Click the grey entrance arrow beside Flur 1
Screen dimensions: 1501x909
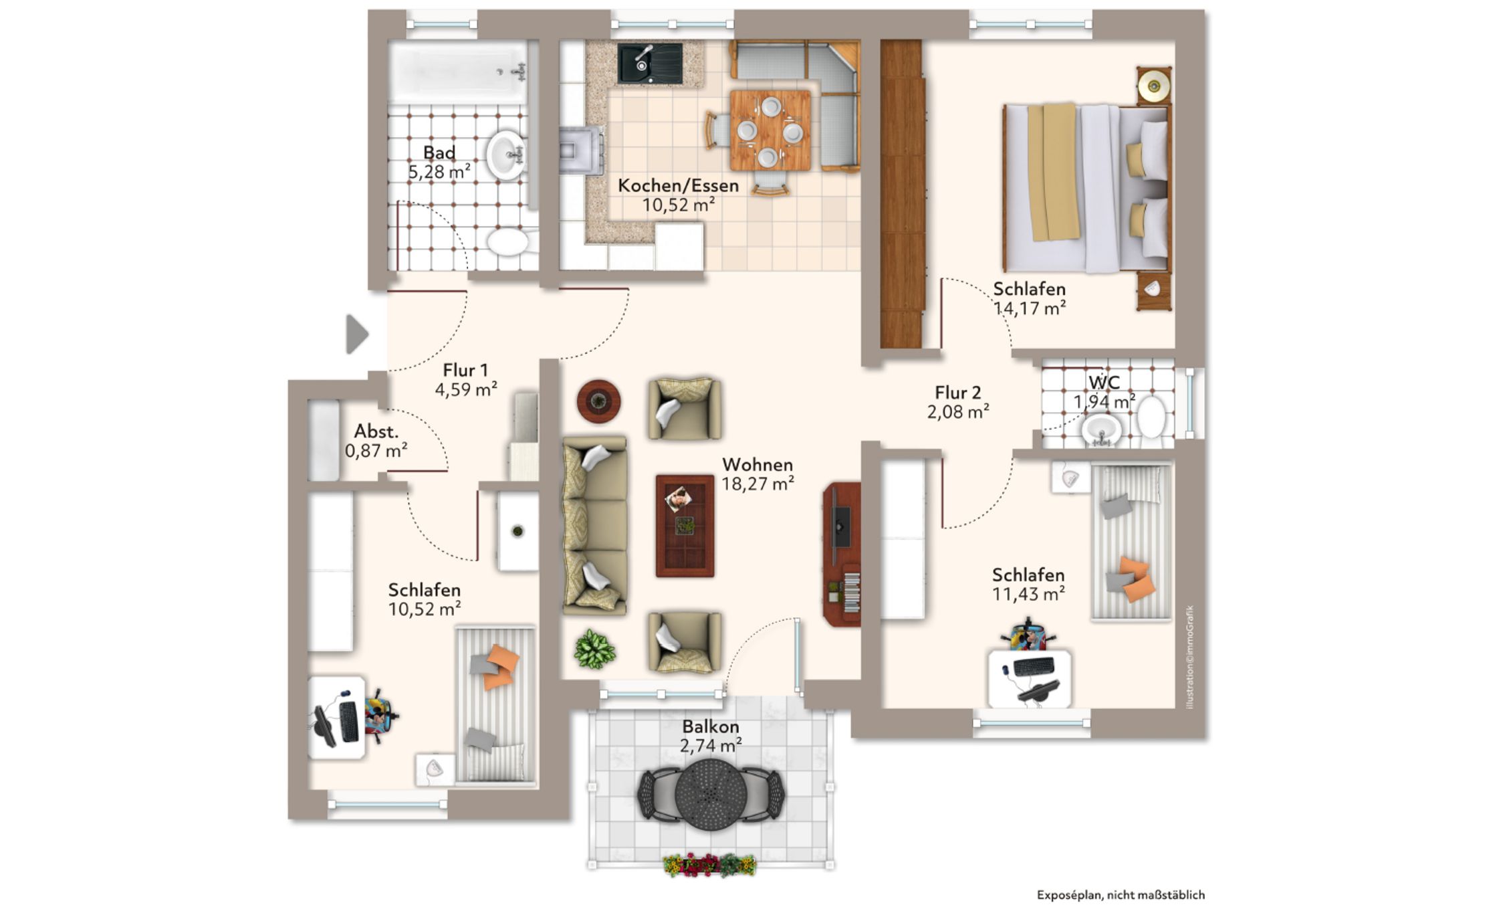tap(356, 334)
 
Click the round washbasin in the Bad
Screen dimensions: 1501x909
tap(506, 155)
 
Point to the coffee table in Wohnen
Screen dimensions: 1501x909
tap(685, 526)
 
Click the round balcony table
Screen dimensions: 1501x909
tap(711, 793)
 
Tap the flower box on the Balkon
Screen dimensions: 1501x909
tap(709, 864)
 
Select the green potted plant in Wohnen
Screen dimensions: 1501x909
tap(594, 649)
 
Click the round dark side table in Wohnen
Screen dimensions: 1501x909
tap(598, 401)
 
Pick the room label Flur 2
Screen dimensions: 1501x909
tap(957, 393)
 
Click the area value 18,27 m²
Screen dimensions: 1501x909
tap(758, 483)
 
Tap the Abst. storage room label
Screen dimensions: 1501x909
tap(376, 431)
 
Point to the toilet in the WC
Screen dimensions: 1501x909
tap(1152, 418)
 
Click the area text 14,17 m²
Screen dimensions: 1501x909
tap(1029, 308)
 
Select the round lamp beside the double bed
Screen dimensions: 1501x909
tap(1154, 85)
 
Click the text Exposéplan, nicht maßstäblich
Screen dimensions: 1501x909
tap(1121, 895)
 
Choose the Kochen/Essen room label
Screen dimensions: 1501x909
tap(678, 185)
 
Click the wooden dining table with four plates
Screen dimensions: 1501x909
tap(770, 130)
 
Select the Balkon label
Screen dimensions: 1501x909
tap(710, 726)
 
